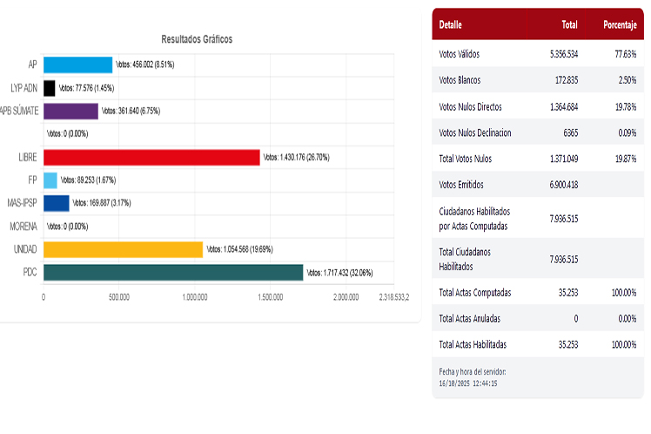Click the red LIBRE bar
pyautogui.click(x=151, y=157)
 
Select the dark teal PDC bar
pyautogui.click(x=173, y=273)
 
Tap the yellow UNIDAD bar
pyautogui.click(x=123, y=249)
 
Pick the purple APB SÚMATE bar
pyautogui.click(x=70, y=111)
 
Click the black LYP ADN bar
pyautogui.click(x=50, y=88)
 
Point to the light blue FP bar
pyautogui.click(x=50, y=180)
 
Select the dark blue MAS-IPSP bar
pyautogui.click(x=57, y=203)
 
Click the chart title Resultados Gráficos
pyautogui.click(x=197, y=40)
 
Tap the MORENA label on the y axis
pyautogui.click(x=23, y=227)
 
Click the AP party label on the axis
pyautogui.click(x=31, y=65)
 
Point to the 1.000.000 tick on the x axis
pyautogui.click(x=195, y=297)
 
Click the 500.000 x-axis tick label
pyautogui.click(x=119, y=297)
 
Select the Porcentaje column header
pyautogui.click(x=619, y=24)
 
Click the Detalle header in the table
pyautogui.click(x=451, y=24)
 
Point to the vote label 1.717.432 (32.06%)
pyautogui.click(x=340, y=273)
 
